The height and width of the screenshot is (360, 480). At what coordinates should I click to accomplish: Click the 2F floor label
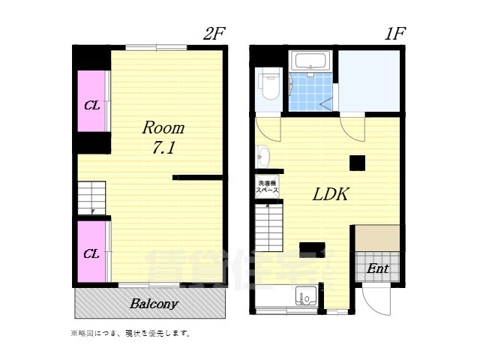pos(214,33)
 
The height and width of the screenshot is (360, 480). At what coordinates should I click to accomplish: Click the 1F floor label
pos(396,33)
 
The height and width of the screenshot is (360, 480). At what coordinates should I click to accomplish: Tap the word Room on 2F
pos(163,128)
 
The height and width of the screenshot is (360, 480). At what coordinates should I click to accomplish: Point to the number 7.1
pos(163,148)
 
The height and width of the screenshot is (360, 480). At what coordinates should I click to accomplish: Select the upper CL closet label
pos(91,105)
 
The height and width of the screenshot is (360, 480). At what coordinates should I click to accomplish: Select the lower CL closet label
pos(91,253)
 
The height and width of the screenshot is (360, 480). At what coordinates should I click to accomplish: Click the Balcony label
pos(154,304)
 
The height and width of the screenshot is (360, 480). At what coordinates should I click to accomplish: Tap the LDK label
pos(329,194)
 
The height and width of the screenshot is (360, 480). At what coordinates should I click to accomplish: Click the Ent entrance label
pos(376,268)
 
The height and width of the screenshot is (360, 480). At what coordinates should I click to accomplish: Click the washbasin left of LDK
pos(262,157)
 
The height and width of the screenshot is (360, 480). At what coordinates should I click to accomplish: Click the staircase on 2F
pos(91,199)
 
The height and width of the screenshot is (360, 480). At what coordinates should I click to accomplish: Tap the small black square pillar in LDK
pos(357,162)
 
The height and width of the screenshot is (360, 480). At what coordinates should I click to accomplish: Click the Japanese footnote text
pos(130,333)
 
